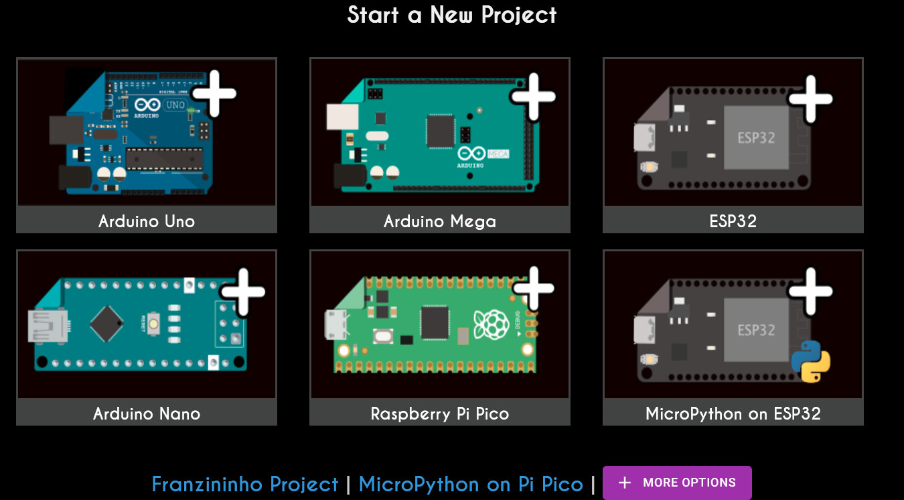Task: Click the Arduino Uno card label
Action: coord(147,221)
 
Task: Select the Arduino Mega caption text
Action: coord(440,222)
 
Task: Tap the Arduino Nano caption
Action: coord(147,414)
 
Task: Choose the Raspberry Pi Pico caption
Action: coord(440,414)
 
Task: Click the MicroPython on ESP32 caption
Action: coord(733,414)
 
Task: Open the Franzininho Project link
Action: coord(245,484)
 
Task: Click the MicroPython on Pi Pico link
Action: coord(471,484)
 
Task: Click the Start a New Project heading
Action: coord(452,15)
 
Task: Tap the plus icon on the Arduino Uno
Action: coord(214,93)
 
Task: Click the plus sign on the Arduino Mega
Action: coord(534,97)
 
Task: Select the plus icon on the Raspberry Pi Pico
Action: coord(534,288)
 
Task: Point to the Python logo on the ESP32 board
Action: coord(811,361)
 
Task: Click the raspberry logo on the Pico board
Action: coord(491,324)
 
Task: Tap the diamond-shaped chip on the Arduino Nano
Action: coord(106,324)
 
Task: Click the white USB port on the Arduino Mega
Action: coord(342,117)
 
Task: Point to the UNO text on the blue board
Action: coord(175,105)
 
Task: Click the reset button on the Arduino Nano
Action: coord(153,324)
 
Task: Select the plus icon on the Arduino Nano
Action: coord(242,292)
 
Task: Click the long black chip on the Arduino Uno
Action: coord(164,159)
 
